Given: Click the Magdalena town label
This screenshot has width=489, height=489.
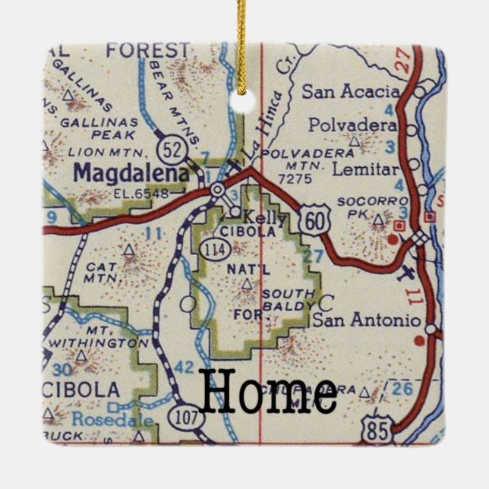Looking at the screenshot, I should (x=131, y=173).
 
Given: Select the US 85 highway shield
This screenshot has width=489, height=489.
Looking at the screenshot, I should (x=378, y=429).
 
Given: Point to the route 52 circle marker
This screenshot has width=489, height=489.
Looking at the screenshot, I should (x=172, y=149).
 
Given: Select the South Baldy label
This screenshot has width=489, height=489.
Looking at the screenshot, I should (x=286, y=299).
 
